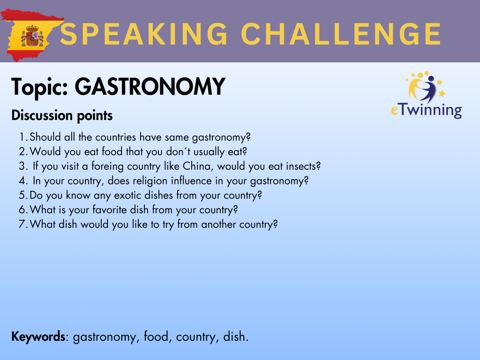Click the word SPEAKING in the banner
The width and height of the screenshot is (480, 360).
[x=144, y=34]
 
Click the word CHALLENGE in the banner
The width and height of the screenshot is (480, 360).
[x=341, y=34]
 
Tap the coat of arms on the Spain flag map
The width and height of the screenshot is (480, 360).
[x=32, y=36]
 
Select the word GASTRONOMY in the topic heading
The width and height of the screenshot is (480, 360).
[x=150, y=87]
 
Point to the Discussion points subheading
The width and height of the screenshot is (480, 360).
[x=62, y=116]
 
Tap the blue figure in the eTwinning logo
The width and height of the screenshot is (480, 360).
[x=428, y=88]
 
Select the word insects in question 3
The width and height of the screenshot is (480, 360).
[x=303, y=166]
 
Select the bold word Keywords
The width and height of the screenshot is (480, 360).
[x=38, y=337]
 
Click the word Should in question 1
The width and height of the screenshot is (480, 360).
[x=45, y=137]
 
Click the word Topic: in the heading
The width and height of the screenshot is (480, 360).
[x=40, y=87]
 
